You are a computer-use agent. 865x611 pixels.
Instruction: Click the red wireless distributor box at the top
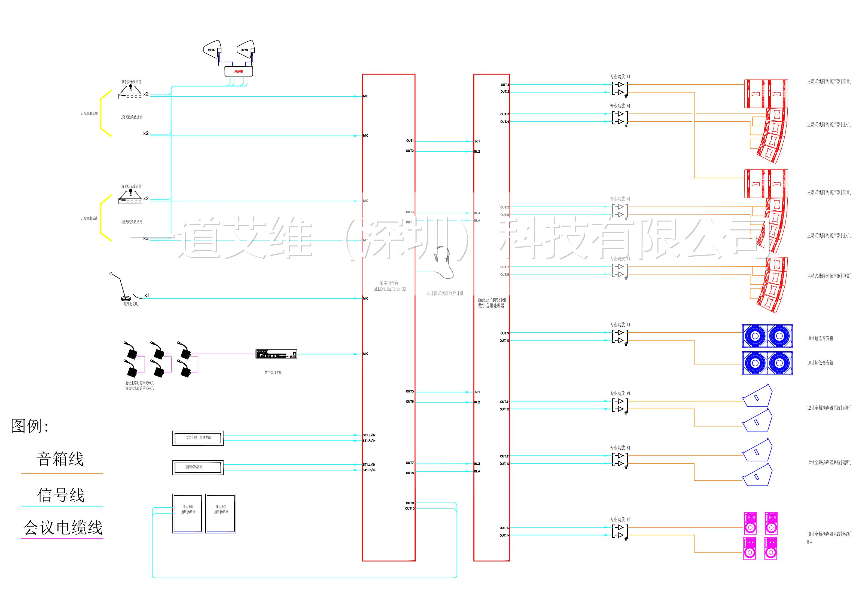[239, 71]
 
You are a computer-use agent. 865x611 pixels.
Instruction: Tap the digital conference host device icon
[276, 354]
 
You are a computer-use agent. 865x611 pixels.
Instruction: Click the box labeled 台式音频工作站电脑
[198, 438]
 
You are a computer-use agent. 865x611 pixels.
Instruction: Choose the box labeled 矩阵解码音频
[198, 467]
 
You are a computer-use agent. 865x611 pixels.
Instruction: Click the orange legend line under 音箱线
[62, 474]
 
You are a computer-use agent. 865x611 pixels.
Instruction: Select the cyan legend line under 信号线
[62, 506]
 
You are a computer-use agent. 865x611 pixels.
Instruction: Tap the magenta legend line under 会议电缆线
[62, 538]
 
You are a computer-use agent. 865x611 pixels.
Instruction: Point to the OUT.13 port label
[504, 528]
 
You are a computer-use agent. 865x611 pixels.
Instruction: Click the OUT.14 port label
[504, 535]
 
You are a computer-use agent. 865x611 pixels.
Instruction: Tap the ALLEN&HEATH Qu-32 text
[390, 289]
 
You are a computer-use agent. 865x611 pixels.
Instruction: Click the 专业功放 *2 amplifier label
[620, 519]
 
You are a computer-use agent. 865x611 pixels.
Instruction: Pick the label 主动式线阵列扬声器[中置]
[829, 276]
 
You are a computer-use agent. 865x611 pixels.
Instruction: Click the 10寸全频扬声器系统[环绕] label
[829, 534]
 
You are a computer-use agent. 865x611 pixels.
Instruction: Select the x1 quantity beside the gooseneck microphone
[147, 295]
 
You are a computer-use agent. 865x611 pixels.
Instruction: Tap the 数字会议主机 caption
[273, 372]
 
